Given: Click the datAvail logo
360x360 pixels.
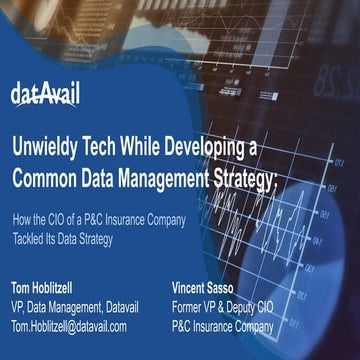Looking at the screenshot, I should pyautogui.click(x=45, y=95).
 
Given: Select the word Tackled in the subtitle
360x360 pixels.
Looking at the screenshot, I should pyautogui.click(x=28, y=227).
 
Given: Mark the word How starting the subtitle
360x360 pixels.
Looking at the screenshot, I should pyautogui.click(x=20, y=213).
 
